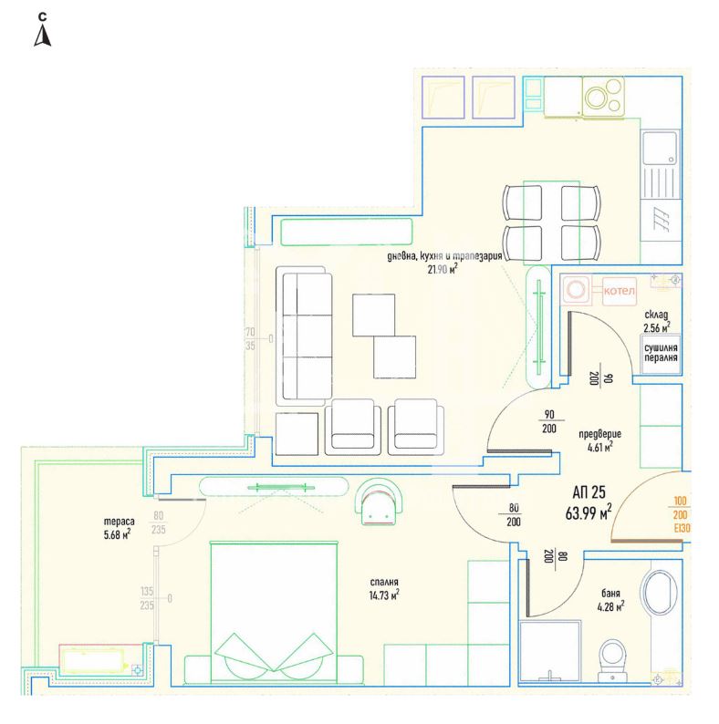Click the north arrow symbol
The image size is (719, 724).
point(43,36)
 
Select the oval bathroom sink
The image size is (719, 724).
point(659,593)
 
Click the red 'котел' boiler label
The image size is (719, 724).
point(620,291)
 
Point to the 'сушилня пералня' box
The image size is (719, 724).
point(661,354)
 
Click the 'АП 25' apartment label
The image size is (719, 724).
point(589,492)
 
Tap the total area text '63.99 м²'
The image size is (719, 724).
point(589,512)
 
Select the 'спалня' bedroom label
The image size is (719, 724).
point(384,583)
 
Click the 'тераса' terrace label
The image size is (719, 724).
point(119,522)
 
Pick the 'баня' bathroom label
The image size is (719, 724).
point(610,594)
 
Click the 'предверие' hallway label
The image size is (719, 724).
point(599,435)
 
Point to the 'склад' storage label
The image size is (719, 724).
point(656,315)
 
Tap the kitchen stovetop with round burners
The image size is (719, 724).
point(603,97)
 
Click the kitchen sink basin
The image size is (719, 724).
point(660,148)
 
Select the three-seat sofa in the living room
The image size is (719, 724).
point(304,336)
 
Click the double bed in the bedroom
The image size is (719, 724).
point(274,612)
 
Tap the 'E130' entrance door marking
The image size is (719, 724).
point(681,528)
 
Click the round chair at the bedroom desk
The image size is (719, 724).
point(381,502)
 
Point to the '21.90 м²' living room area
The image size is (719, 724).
point(443,269)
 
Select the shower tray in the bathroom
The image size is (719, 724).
point(549,650)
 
